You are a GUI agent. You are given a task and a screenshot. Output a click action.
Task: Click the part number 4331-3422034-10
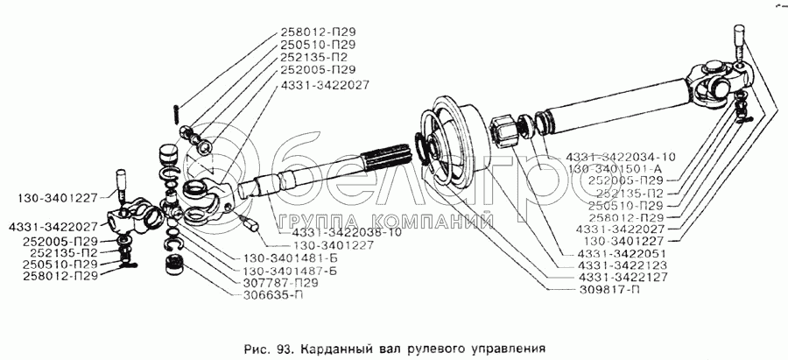[631, 157]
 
